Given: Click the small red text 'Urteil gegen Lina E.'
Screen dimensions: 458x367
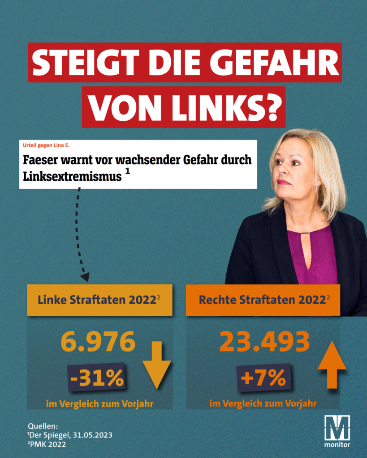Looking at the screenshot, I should pyautogui.click(x=47, y=146).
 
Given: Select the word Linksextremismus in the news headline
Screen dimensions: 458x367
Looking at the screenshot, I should pyautogui.click(x=71, y=176).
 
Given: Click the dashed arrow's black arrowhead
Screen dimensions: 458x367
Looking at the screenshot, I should pyautogui.click(x=85, y=276).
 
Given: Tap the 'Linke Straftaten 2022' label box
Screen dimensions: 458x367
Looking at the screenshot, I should pyautogui.click(x=99, y=300).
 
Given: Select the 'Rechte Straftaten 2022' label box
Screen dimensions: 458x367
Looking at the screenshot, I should pyautogui.click(x=263, y=300).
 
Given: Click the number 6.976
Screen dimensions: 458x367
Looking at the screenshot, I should pyautogui.click(x=98, y=342).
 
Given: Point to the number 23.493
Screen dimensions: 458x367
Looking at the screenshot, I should pyautogui.click(x=264, y=342).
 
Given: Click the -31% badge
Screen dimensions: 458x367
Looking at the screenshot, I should pyautogui.click(x=96, y=378).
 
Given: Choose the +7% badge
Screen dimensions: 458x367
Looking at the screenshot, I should pyautogui.click(x=263, y=378).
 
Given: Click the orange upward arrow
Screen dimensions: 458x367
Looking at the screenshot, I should pyautogui.click(x=332, y=365).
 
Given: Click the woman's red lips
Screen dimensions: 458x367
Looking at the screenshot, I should pyautogui.click(x=284, y=182).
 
